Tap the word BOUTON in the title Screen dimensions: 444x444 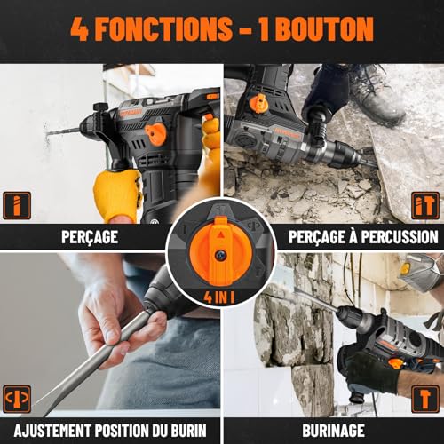(326, 29)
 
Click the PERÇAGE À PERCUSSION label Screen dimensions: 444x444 (362, 237)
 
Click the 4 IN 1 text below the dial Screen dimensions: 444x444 (221, 294)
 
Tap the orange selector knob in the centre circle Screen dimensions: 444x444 (221, 252)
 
